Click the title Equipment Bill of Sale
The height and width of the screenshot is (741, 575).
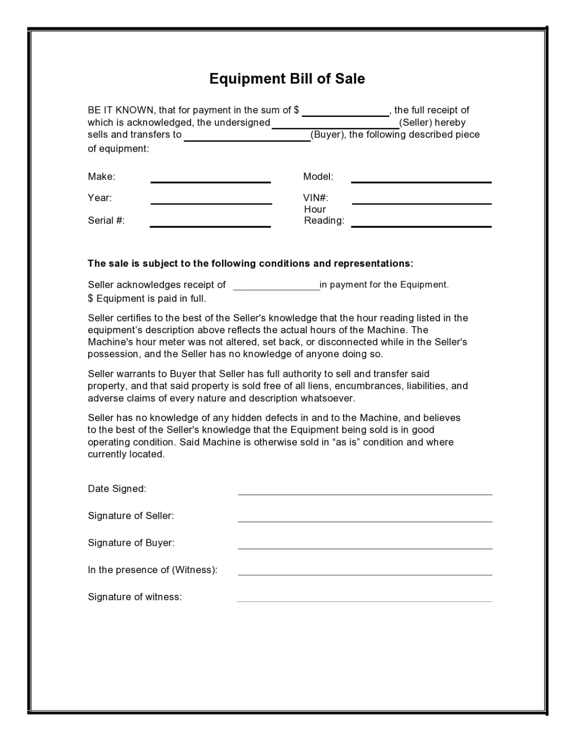pyautogui.click(x=287, y=78)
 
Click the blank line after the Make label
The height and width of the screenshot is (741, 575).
pyautogui.click(x=210, y=180)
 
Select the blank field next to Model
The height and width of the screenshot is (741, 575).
pyautogui.click(x=421, y=180)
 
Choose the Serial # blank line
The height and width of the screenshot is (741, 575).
pyautogui.click(x=210, y=224)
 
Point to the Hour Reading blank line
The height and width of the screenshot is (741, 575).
pyautogui.click(x=421, y=224)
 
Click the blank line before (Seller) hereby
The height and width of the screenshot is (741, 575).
pyautogui.click(x=336, y=125)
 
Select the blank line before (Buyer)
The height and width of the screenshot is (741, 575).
pyautogui.click(x=247, y=138)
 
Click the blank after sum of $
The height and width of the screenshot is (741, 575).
pyautogui.click(x=345, y=113)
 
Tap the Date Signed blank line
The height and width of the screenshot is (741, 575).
pyautogui.click(x=365, y=492)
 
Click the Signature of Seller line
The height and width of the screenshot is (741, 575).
pyautogui.click(x=365, y=519)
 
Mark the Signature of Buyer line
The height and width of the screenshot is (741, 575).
pyautogui.click(x=365, y=546)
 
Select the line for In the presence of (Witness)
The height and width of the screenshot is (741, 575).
pyautogui.click(x=365, y=572)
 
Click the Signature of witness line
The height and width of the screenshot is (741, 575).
pyautogui.click(x=364, y=599)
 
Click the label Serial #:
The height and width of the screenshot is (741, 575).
pyautogui.click(x=106, y=221)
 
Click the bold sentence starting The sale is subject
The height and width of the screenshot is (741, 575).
pyautogui.click(x=250, y=263)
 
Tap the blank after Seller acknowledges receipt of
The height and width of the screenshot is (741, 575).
pyautogui.click(x=277, y=287)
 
